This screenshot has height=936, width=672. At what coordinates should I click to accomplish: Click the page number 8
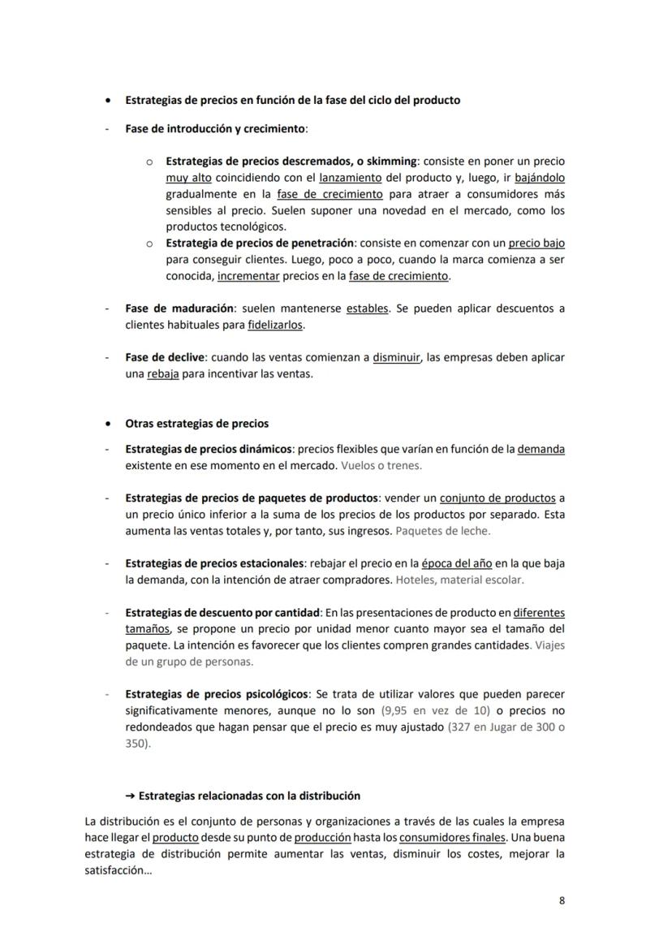click(x=562, y=900)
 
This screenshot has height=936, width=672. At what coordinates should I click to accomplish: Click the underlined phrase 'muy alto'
click(x=188, y=178)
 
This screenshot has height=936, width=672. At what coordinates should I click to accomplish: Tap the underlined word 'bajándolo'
click(x=540, y=178)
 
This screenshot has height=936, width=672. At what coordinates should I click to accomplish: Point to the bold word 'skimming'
click(x=390, y=162)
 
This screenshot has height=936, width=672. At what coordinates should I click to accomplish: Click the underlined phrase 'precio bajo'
click(x=536, y=243)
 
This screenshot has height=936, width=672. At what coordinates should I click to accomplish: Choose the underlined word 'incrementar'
click(x=248, y=276)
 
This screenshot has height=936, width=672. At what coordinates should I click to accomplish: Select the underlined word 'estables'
click(x=367, y=308)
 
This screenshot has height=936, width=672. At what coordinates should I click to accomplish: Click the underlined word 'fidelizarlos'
click(x=276, y=325)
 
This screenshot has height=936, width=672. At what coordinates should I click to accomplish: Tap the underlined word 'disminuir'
click(x=396, y=357)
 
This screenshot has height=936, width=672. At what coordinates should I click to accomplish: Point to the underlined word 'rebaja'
click(x=162, y=374)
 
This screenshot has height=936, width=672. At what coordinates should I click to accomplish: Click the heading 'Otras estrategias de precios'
click(x=196, y=424)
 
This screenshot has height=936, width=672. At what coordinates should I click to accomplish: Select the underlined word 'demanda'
click(x=541, y=449)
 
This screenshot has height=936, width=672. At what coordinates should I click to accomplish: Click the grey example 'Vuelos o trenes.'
click(x=381, y=466)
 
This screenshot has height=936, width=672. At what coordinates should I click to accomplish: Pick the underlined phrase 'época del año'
click(x=457, y=563)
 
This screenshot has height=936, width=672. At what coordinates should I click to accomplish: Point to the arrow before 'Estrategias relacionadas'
click(x=129, y=796)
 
